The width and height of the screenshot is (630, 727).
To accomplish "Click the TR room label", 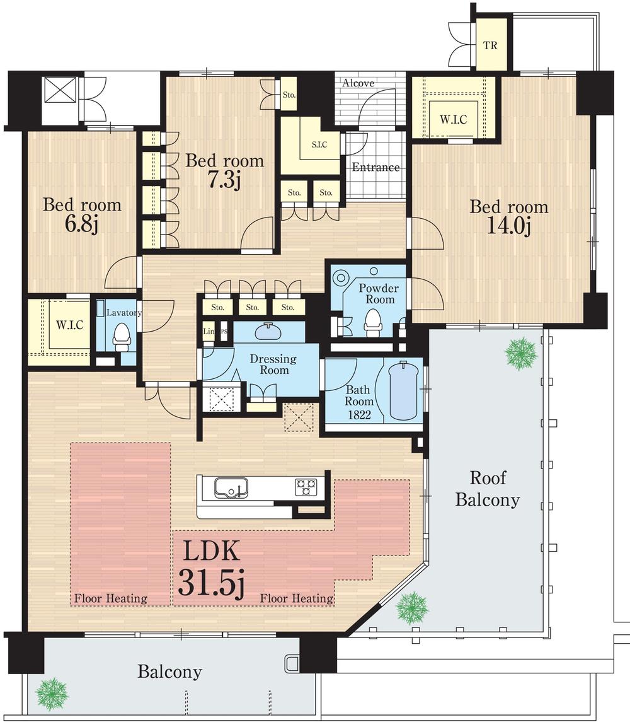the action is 490,45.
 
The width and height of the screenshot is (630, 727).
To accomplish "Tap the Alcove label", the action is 358,83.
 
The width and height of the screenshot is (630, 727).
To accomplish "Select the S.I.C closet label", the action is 319,144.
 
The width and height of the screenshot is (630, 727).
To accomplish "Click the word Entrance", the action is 375,167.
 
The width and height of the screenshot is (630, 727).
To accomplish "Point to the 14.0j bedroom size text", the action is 508,226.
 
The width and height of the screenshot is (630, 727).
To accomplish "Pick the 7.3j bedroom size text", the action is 224,180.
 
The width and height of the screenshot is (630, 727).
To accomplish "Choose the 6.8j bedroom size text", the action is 81,224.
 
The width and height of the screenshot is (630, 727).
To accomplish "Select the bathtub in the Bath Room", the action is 404,390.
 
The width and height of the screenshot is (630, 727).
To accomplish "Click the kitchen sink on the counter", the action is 231,488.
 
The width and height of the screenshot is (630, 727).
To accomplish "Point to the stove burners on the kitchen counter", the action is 306,487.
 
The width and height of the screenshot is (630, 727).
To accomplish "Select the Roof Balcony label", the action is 488,489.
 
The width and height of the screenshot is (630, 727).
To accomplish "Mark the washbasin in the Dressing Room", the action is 268,331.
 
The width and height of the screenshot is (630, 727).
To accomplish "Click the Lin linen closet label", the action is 209,332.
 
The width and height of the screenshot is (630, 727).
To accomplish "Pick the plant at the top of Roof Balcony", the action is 521,354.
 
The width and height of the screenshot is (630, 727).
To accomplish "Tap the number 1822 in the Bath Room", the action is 360,414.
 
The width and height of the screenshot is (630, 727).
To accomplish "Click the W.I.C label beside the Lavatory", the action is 70,325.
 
